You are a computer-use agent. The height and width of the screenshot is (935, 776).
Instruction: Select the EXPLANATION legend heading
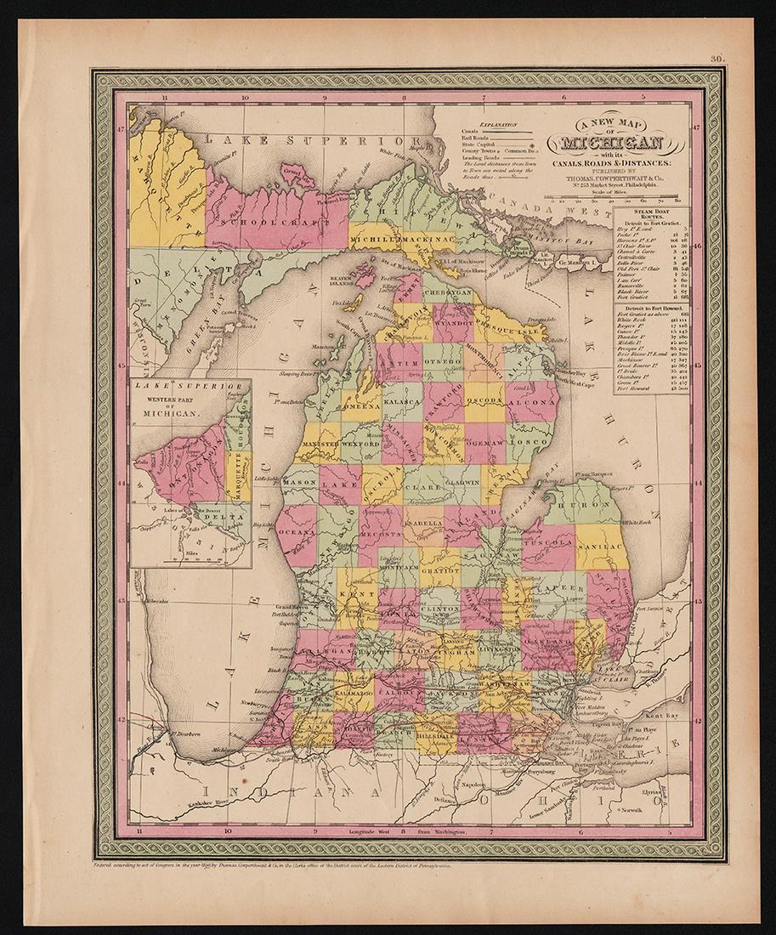click(x=500, y=124)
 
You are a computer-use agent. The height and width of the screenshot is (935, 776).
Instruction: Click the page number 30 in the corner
click(x=717, y=59)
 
